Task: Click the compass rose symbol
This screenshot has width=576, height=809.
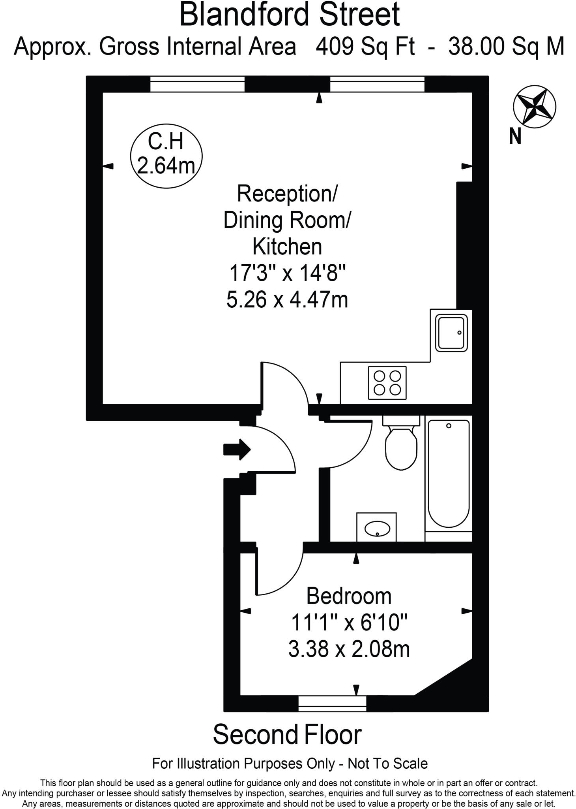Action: tap(534, 107)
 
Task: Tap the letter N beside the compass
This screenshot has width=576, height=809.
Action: tap(515, 136)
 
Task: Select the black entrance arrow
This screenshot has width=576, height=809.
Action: tap(237, 449)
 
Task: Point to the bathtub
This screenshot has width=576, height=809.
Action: tap(449, 474)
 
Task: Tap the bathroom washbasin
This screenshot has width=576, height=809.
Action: tap(377, 528)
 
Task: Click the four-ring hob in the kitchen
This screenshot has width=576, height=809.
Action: tap(387, 383)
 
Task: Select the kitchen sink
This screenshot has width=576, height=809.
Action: tap(451, 333)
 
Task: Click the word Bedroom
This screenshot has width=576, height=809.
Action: tap(349, 596)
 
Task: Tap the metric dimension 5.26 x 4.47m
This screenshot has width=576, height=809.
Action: tap(287, 299)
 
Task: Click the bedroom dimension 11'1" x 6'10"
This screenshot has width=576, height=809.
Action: tap(349, 623)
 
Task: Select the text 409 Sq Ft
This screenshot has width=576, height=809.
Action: tap(365, 47)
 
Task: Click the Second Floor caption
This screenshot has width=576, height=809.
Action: tap(287, 735)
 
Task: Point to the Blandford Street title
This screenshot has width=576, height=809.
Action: tap(290, 14)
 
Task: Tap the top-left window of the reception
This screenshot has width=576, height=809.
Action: tap(197, 84)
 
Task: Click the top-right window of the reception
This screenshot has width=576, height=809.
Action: tap(377, 84)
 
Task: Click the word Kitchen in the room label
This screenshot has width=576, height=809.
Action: tap(287, 246)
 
